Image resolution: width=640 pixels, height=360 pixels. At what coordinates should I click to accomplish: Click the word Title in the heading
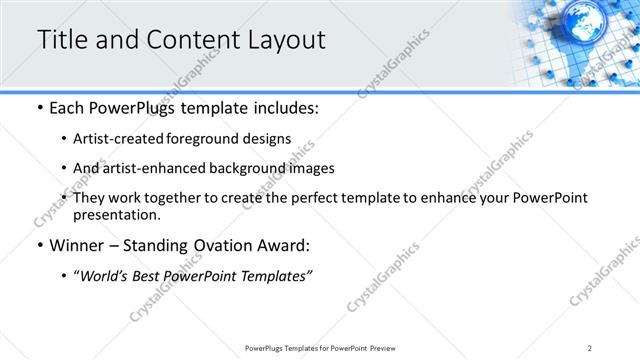point(62,40)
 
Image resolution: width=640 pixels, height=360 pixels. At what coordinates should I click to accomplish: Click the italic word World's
point(104,276)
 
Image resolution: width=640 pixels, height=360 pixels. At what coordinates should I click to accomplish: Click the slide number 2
point(590,347)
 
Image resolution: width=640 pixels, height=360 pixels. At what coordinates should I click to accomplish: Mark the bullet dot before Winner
point(38,245)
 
